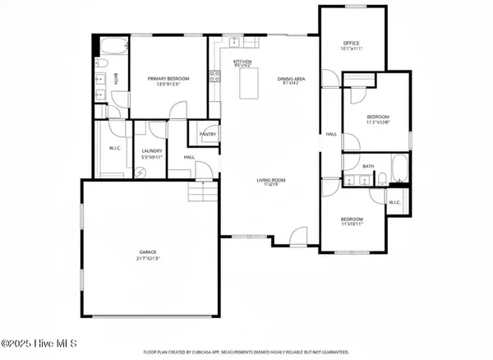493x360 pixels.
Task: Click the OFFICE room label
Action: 351,43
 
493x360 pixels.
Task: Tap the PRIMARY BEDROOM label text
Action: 168,79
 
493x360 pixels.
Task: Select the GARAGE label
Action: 148,252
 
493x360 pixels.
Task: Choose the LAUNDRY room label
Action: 151,150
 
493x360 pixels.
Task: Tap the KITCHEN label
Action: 242,62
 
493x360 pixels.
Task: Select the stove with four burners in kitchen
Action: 216,77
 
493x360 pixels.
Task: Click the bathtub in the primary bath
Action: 113,46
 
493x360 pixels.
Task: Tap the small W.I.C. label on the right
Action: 394,201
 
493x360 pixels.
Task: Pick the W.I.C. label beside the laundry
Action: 114,149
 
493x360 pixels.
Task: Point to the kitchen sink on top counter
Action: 234,41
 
